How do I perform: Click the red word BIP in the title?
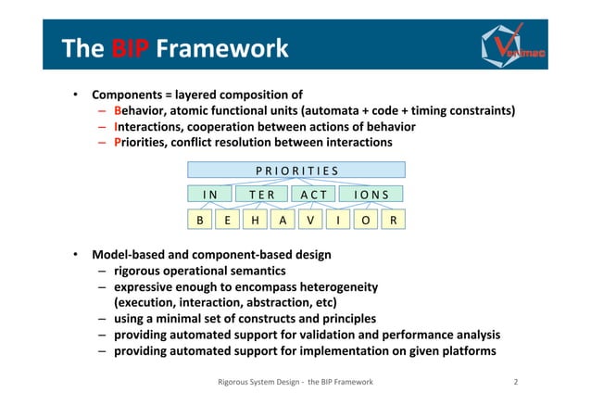[x=126, y=48]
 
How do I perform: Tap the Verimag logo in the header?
[x=514, y=41]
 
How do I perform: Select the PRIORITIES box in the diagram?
[x=296, y=170]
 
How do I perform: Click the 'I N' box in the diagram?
[x=209, y=195]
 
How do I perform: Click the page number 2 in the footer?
[x=516, y=382]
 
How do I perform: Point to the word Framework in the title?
[x=222, y=48]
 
